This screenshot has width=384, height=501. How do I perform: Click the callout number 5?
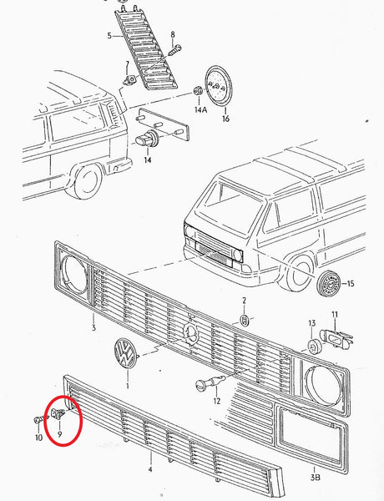[x=109, y=36]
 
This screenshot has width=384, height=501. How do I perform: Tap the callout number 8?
[x=173, y=34]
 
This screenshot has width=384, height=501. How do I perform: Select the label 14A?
[x=200, y=109]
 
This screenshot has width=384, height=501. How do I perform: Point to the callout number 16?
[x=224, y=119]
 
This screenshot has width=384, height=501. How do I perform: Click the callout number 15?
[x=350, y=284]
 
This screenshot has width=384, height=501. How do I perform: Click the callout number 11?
[x=335, y=315]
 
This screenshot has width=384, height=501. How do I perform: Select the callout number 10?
[x=37, y=437]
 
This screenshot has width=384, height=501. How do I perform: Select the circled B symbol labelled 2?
[x=245, y=321]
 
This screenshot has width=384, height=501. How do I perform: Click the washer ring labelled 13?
[x=311, y=346]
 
